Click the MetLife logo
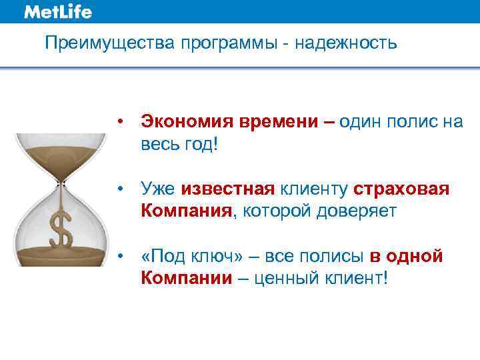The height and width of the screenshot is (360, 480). [58, 12]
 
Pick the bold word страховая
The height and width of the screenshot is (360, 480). [402, 190]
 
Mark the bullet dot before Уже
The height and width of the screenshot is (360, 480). [120, 190]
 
